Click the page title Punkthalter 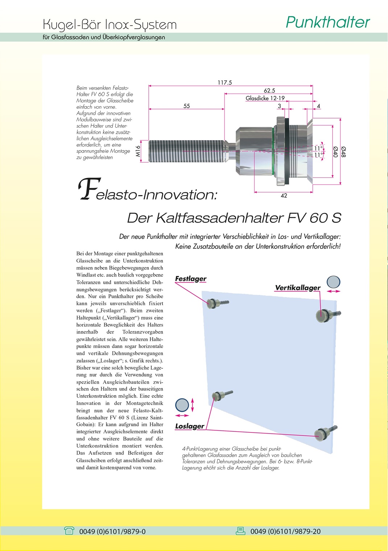point(327,22)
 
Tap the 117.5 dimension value point(224,83)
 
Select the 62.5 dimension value point(269,91)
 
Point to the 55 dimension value point(186,106)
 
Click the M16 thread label point(138,151)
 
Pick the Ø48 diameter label point(343,152)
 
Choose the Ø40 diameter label point(335,152)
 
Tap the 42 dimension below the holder point(284,196)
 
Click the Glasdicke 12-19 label point(265,98)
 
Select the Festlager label point(191,279)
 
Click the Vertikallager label point(298,288)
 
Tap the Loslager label point(190,426)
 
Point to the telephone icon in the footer point(69,531)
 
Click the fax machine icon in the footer point(240,531)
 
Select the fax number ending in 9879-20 point(285,531)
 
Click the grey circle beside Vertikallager point(334,282)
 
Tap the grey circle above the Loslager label point(182,405)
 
